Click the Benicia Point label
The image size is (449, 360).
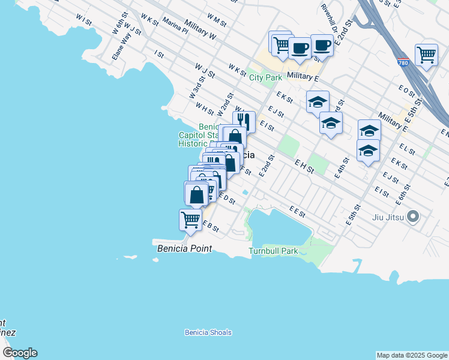pyautogui.click(x=185, y=247)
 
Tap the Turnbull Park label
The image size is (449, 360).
pyautogui.click(x=274, y=251)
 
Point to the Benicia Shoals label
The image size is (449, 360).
pyautogui.click(x=208, y=332)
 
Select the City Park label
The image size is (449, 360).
pyautogui.click(x=265, y=77)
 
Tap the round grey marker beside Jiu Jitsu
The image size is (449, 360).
pyautogui.click(x=412, y=216)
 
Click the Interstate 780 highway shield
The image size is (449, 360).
pyautogui.click(x=403, y=62)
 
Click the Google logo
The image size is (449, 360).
pyautogui.click(x=20, y=353)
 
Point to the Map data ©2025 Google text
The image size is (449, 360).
pyautogui.click(x=411, y=355)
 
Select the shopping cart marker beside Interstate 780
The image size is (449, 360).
pyautogui.click(x=426, y=55)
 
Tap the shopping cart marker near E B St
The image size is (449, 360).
pyautogui.click(x=191, y=220)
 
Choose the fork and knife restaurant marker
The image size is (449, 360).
pyautogui.click(x=244, y=122)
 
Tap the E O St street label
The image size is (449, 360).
pyautogui.click(x=406, y=90)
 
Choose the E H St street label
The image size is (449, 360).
pyautogui.click(x=304, y=166)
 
